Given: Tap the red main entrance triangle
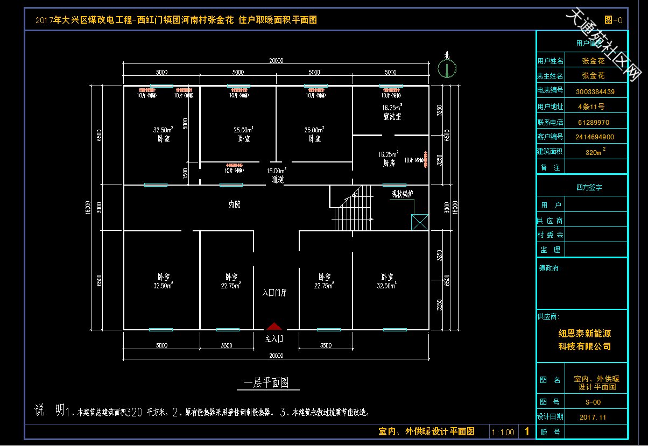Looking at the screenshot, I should (x=274, y=326).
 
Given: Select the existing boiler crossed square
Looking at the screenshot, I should (x=419, y=222).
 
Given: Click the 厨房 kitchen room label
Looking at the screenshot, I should (x=388, y=162).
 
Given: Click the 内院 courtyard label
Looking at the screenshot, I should (x=235, y=204).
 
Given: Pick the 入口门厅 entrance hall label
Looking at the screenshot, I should (x=274, y=293).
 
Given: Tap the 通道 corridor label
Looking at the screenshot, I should (x=277, y=180).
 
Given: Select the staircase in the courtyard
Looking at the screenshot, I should (x=352, y=209).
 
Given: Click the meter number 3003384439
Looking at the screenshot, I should (x=595, y=91).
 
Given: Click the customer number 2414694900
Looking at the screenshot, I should (x=594, y=137).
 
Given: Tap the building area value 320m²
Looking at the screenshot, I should (x=595, y=152).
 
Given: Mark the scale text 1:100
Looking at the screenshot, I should (x=503, y=432).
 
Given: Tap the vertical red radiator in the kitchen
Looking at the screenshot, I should (x=425, y=160).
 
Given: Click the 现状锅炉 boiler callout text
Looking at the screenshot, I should (x=402, y=194).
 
